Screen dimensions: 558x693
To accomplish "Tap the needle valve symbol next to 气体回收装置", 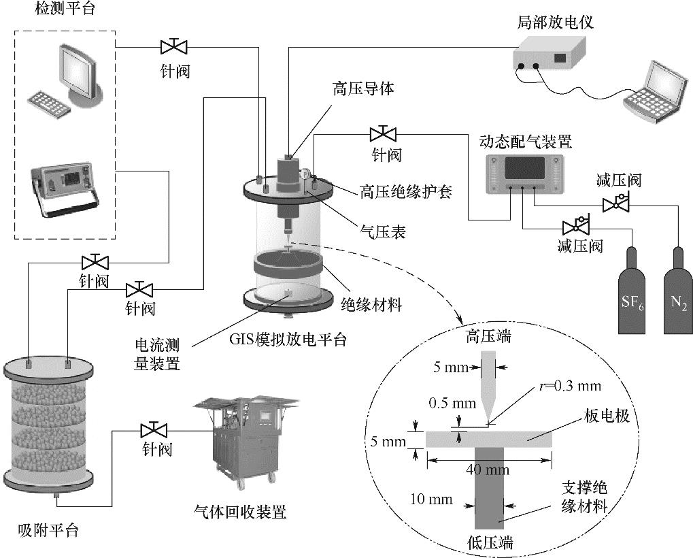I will pyautogui.click(x=154, y=430).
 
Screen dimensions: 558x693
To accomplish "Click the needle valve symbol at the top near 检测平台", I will pyautogui.click(x=173, y=46).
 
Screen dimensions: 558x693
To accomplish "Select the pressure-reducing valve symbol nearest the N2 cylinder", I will pyautogui.click(x=616, y=202).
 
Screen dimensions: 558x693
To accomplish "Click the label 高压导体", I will pyautogui.click(x=363, y=88).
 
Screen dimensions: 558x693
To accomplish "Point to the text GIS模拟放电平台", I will pyautogui.click(x=288, y=338).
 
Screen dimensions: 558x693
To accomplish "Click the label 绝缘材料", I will pyautogui.click(x=371, y=304).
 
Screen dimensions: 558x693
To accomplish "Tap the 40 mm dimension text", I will pyautogui.click(x=489, y=469).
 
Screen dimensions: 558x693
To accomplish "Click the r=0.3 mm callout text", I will pyautogui.click(x=560, y=386).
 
